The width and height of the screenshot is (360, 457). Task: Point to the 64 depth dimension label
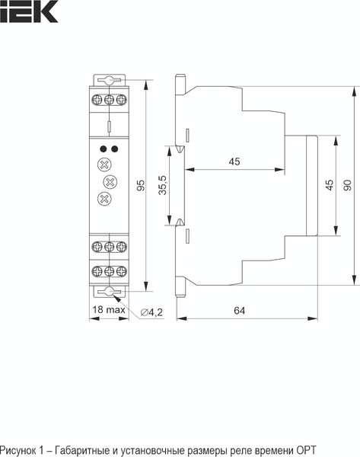tap(239, 311)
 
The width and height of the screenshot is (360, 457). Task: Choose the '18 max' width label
tap(108, 311)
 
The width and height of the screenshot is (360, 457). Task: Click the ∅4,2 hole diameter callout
tap(153, 312)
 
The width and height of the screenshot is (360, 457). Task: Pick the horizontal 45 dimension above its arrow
tap(234, 161)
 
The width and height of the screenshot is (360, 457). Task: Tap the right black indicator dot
tap(115, 149)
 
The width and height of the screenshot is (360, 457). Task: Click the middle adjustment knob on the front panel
tap(109, 182)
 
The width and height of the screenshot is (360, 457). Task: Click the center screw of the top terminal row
tap(109, 100)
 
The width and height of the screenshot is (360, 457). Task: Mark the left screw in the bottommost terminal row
tap(97, 271)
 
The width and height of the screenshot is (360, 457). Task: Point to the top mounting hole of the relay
tap(109, 81)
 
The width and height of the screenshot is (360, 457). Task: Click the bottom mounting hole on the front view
tap(109, 292)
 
